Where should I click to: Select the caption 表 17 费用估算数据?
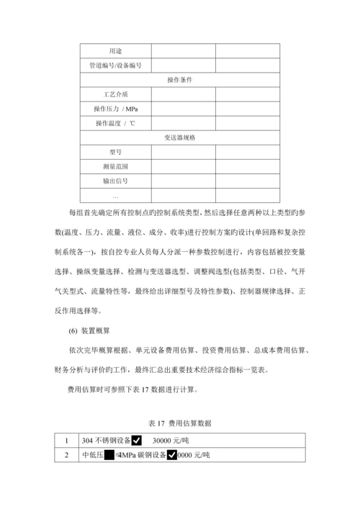[179, 422]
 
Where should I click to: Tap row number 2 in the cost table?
[67, 455]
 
